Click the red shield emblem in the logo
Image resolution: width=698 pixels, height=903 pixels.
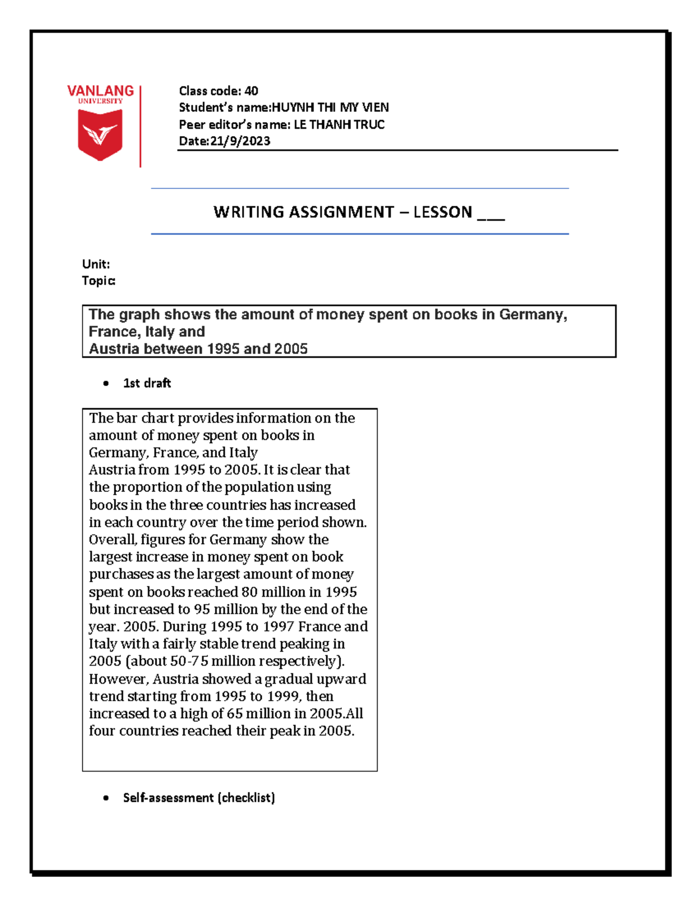pos(100,134)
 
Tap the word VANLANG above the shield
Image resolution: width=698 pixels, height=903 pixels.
pos(100,91)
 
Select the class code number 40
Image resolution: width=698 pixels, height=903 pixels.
pos(251,91)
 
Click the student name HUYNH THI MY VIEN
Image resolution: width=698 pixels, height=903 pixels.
pos(330,108)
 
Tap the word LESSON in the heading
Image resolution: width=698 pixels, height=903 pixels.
pos(443,212)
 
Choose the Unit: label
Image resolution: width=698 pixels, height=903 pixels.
pos(96,264)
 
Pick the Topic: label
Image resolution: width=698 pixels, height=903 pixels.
pos(98,281)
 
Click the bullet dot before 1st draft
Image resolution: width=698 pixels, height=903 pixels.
pos(106,383)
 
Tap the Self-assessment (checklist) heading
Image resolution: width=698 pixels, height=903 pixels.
pos(199,798)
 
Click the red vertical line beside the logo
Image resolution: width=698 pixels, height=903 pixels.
pos(140,126)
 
